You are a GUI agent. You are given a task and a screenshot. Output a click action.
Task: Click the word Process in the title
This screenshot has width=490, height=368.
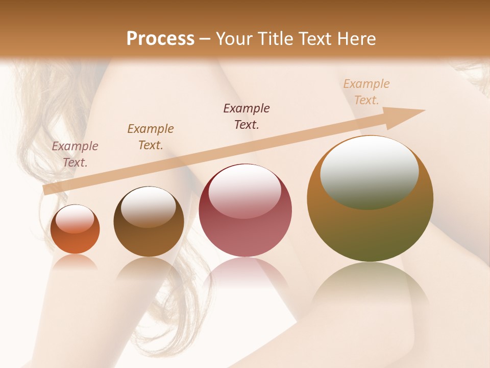pos(160,39)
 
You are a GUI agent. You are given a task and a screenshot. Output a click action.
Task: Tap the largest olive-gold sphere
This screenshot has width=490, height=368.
pos(370,230)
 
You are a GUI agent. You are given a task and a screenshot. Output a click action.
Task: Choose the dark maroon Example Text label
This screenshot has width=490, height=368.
pos(247,117)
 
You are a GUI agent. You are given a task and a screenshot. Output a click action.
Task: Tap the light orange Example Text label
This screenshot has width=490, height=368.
pos(366,92)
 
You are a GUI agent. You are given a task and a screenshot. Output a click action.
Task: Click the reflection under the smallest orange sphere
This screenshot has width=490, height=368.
pos(75,262)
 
